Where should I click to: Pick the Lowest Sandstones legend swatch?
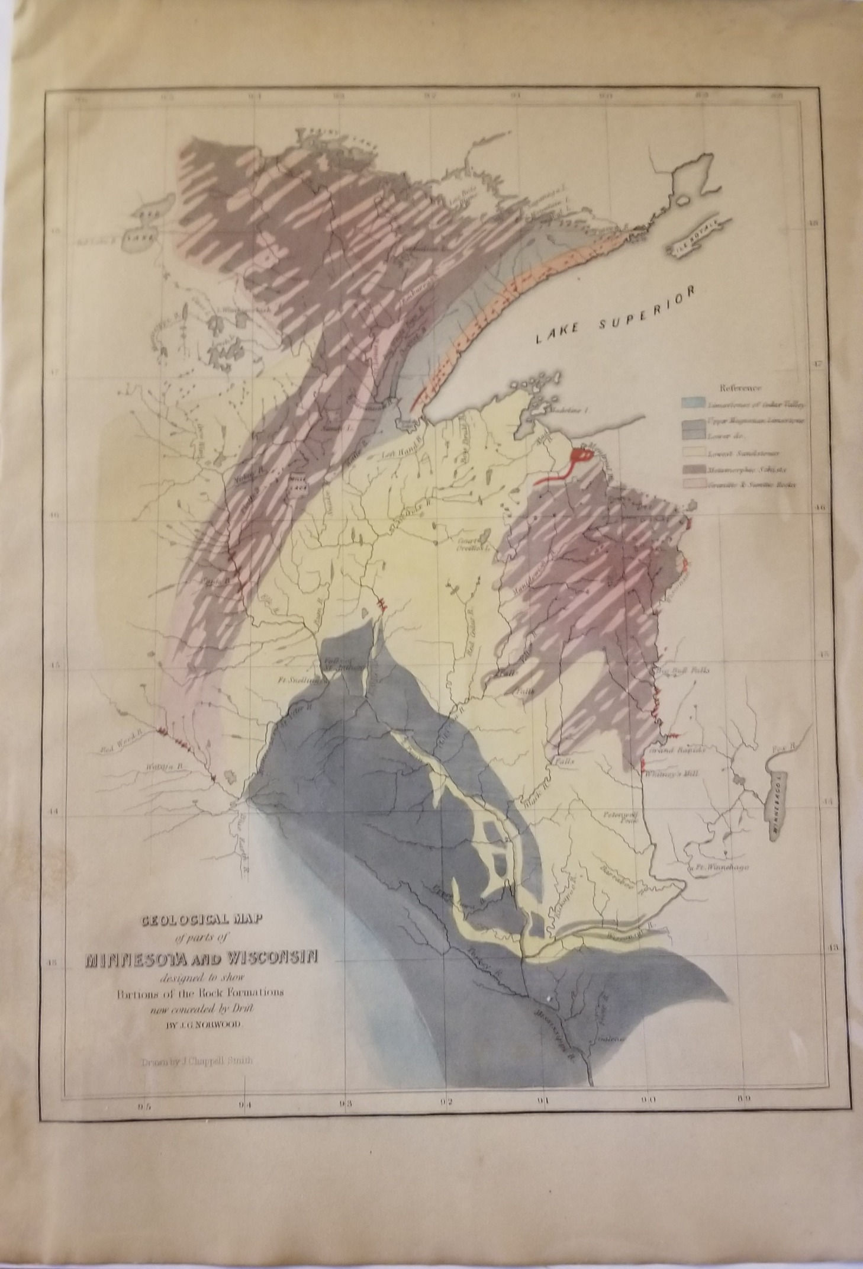tap(691, 453)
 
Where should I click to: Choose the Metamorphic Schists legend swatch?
tap(691, 469)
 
